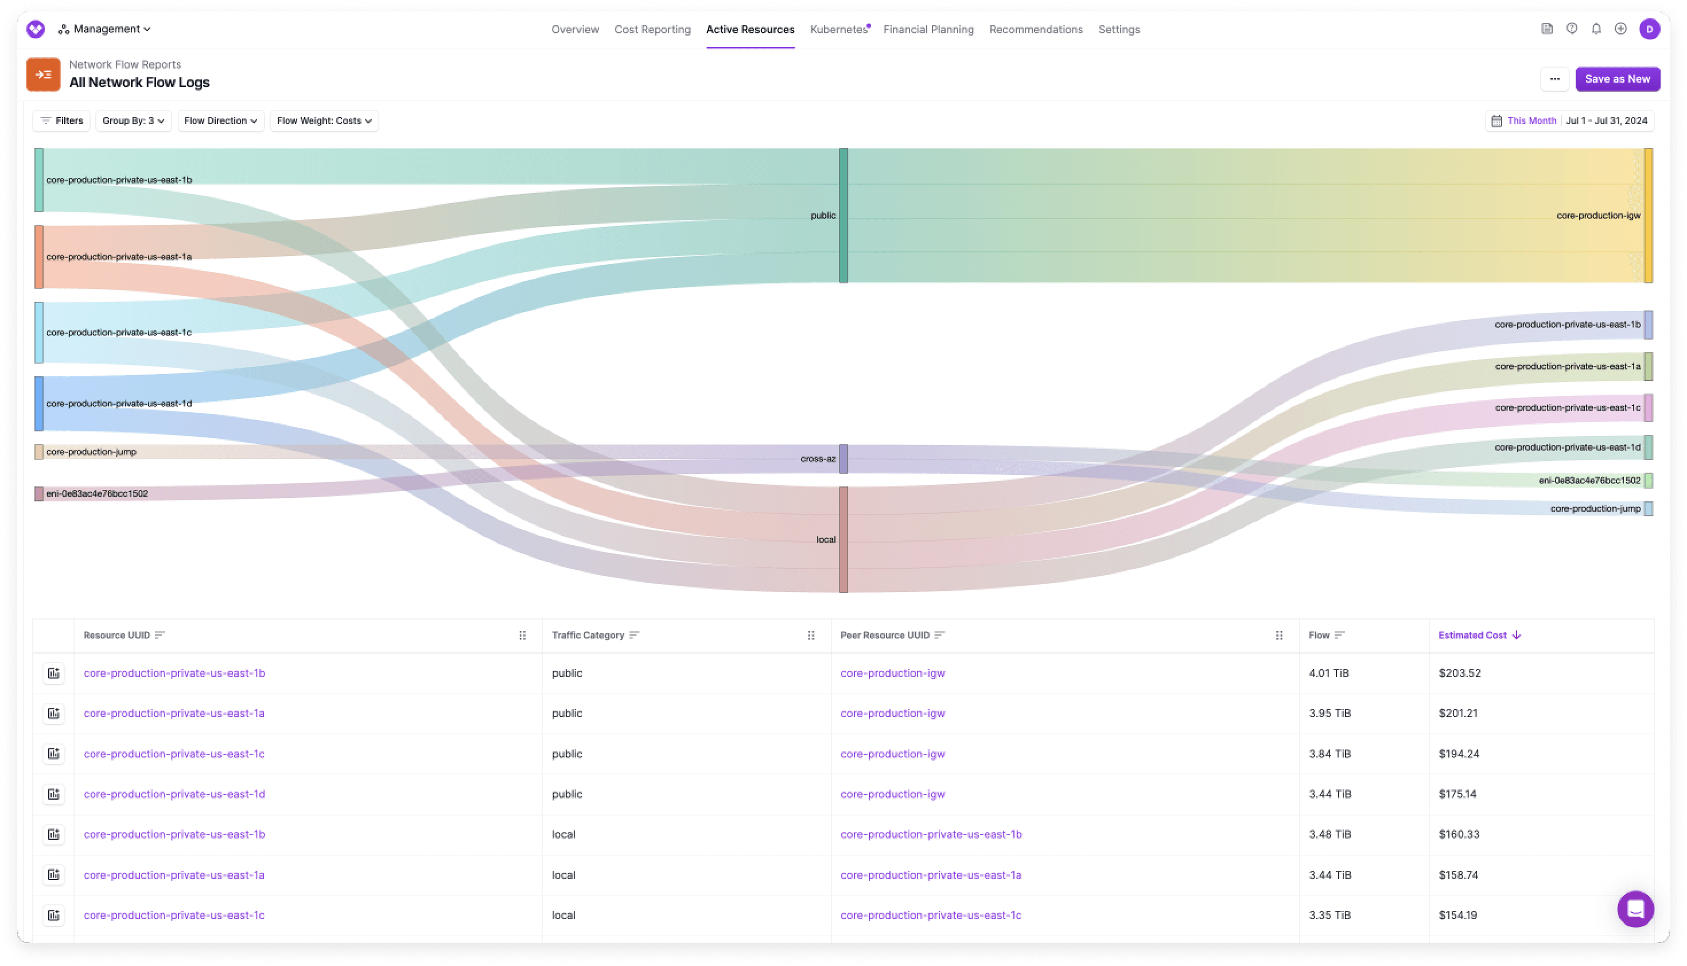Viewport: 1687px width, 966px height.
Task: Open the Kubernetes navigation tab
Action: click(838, 29)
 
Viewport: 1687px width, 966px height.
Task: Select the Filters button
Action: click(62, 120)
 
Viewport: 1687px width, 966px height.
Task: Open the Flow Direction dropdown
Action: click(220, 120)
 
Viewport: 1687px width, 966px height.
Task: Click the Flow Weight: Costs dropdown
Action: click(324, 120)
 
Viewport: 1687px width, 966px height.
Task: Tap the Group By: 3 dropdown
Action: click(133, 120)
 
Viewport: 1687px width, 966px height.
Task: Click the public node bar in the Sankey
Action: click(843, 216)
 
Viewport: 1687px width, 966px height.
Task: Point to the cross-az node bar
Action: click(843, 458)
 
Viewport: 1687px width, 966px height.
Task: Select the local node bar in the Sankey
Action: click(843, 539)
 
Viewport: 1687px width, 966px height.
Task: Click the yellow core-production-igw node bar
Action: click(1648, 216)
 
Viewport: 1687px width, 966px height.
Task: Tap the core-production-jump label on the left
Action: click(92, 452)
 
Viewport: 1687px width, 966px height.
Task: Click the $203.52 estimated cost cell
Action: click(1459, 673)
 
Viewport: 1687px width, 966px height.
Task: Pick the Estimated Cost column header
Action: click(1472, 635)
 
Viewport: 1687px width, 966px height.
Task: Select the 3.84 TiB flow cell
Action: click(1330, 754)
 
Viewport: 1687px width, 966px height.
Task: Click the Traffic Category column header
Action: click(588, 635)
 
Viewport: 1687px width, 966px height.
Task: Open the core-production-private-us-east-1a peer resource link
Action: click(931, 874)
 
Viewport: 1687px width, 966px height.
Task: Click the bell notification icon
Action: click(1596, 29)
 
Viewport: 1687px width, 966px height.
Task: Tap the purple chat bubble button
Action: click(1635, 909)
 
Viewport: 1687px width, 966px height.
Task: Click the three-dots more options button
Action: click(1554, 79)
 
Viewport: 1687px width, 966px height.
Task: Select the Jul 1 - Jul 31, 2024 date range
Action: click(1606, 120)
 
